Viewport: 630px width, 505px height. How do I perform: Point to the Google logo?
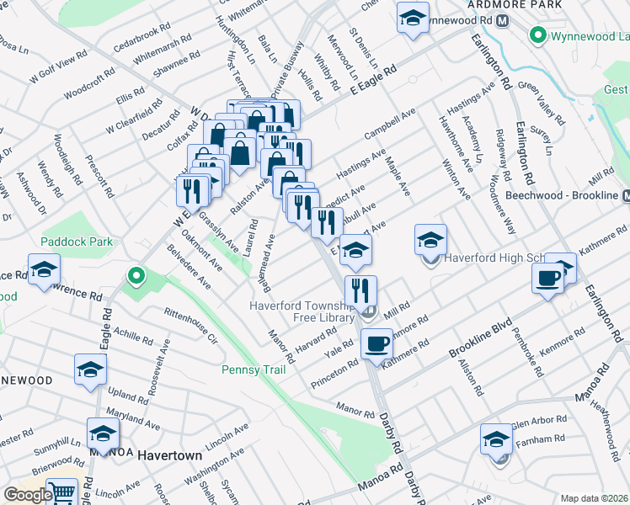pyautogui.click(x=27, y=495)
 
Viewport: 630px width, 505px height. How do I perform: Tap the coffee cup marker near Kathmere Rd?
pyautogui.click(x=376, y=343)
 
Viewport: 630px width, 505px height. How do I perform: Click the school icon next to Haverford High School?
pyautogui.click(x=430, y=240)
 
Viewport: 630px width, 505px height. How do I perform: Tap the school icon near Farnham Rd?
pyautogui.click(x=496, y=439)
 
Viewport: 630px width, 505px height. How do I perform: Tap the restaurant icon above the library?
pyautogui.click(x=360, y=290)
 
